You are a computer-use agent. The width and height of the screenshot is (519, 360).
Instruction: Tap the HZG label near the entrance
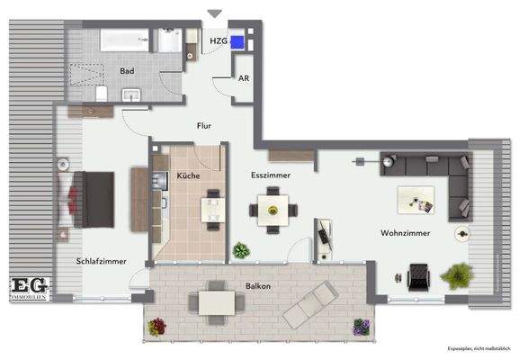218,40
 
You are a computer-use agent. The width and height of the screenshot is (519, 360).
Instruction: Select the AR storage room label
244,78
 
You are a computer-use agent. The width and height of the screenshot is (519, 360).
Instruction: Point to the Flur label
204,126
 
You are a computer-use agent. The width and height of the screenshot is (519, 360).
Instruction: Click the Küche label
188,175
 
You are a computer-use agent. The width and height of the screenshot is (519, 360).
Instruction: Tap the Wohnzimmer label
405,233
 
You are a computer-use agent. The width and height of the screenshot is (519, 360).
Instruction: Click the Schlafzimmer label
101,261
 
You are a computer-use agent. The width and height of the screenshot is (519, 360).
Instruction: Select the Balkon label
259,286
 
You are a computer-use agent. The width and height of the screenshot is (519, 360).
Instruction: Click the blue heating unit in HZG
237,41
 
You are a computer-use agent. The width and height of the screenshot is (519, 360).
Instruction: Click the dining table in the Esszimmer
273,211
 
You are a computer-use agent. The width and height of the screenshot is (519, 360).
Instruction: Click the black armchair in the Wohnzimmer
418,275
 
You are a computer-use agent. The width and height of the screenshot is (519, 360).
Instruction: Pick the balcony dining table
216,300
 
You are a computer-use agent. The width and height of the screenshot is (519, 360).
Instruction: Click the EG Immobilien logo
30,288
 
